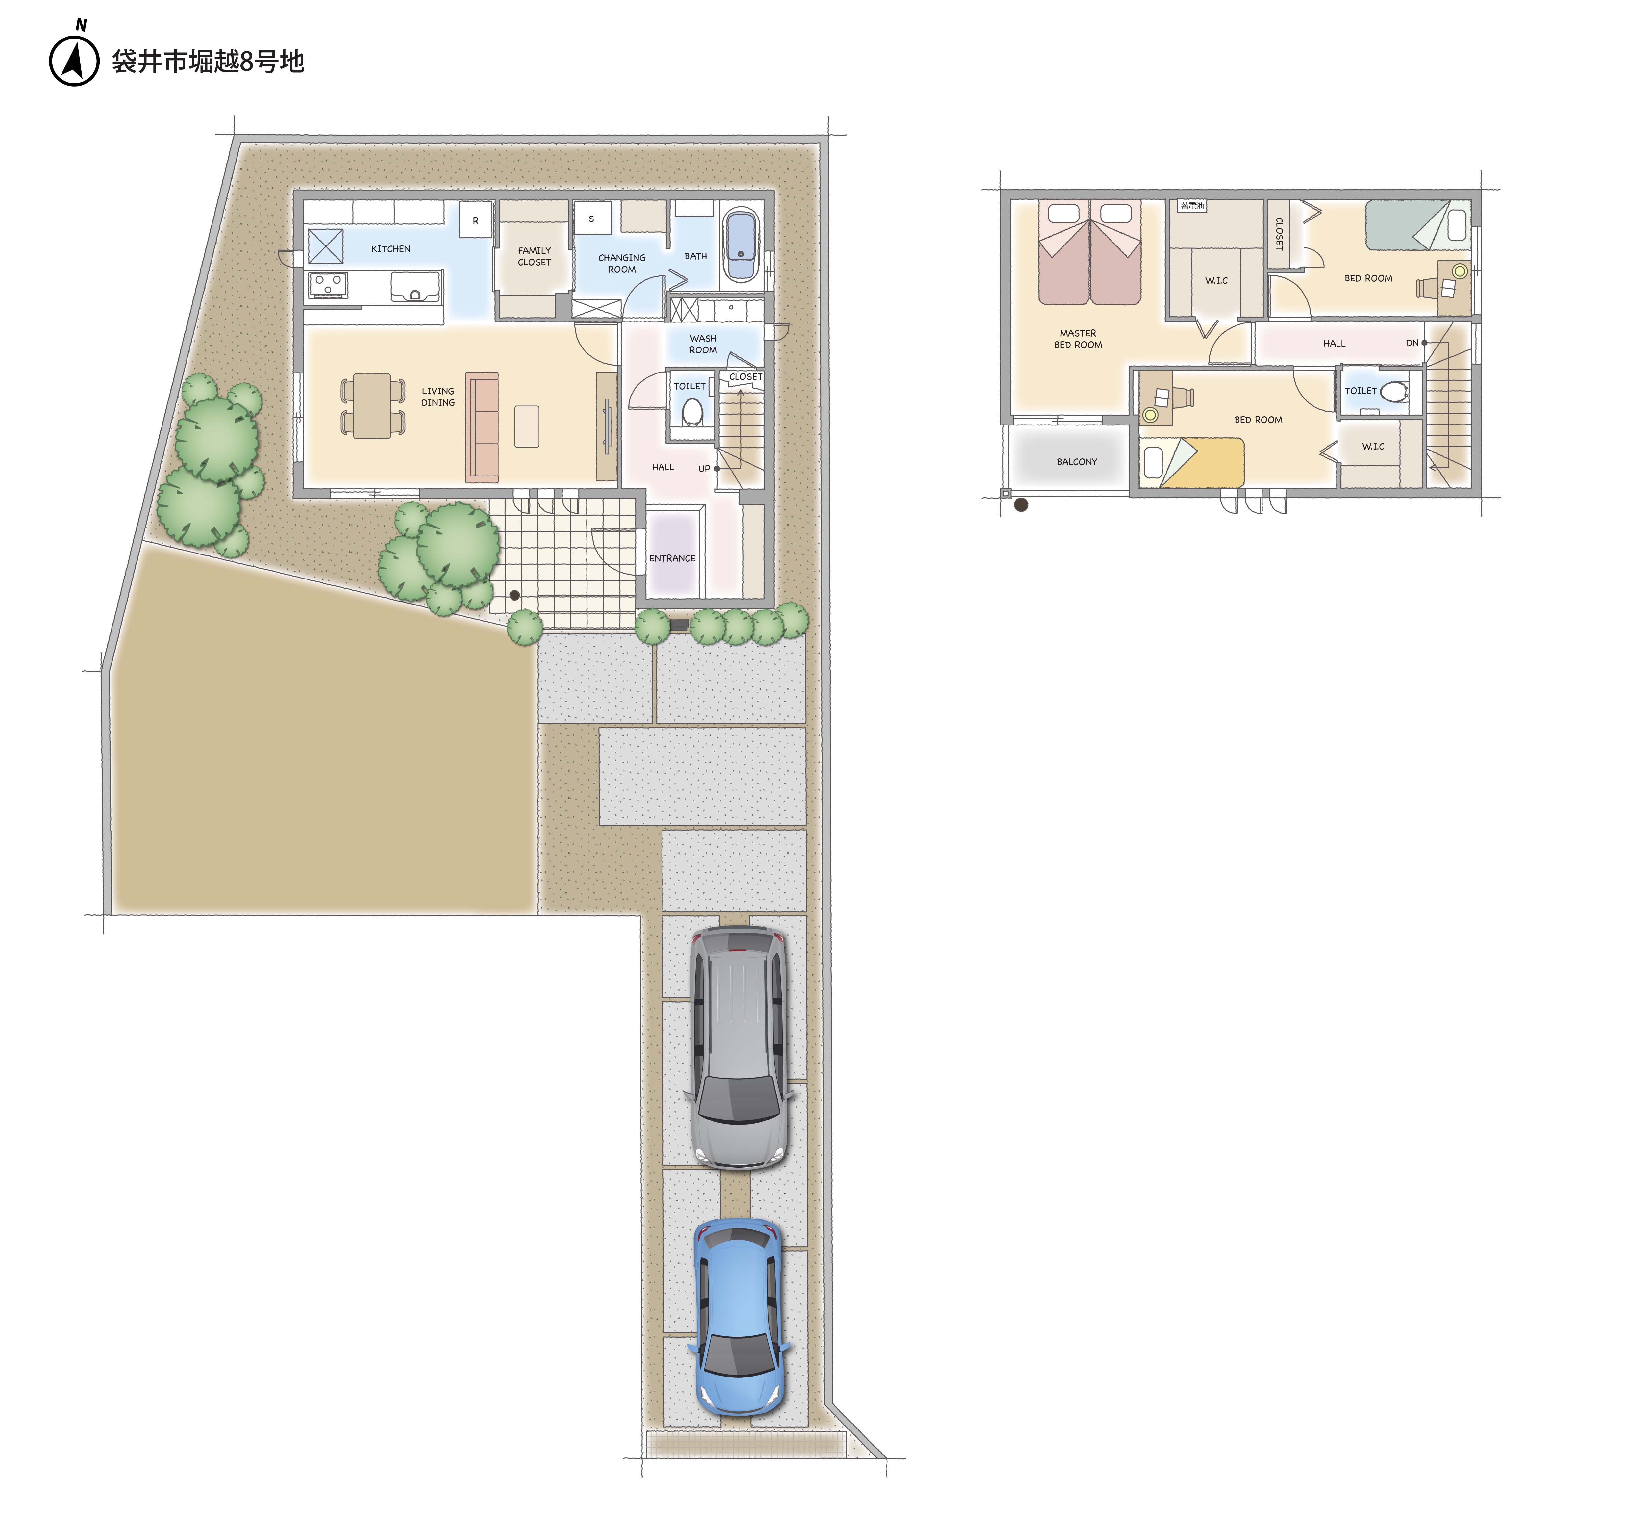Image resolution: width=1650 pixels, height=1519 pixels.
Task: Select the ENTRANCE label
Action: pos(672,558)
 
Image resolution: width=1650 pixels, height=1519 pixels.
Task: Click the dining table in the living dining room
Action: pos(372,406)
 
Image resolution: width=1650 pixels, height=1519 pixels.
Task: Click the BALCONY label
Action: pos(1076,462)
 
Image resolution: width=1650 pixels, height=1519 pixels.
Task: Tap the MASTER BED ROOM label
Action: pos(1078,339)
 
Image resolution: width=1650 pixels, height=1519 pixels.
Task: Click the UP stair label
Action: pos(704,469)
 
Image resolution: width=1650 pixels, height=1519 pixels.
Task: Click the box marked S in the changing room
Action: pos(592,219)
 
